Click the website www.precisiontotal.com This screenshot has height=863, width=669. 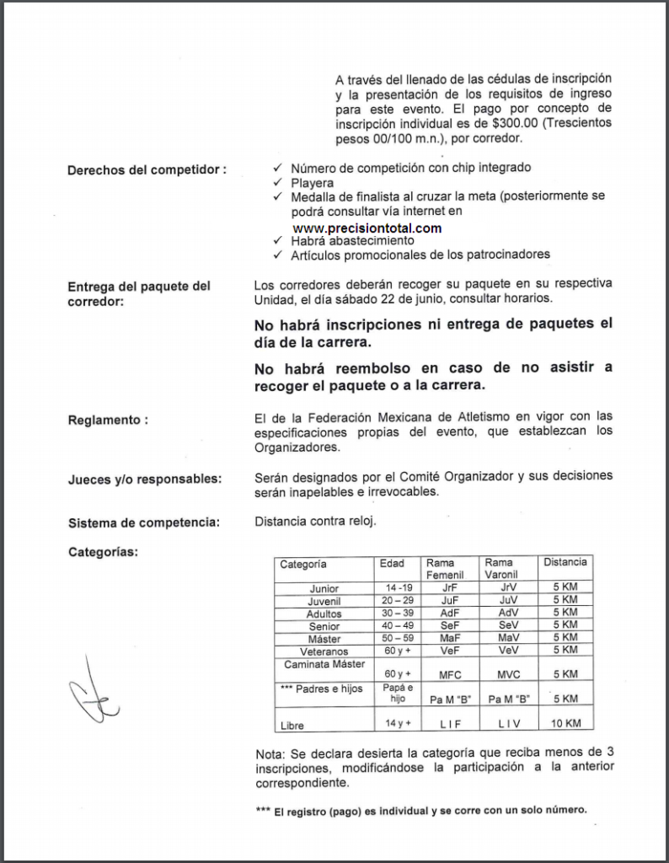(367, 228)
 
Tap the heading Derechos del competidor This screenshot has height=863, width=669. (147, 169)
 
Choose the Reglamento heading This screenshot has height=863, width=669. (108, 420)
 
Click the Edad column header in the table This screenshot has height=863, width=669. (392, 564)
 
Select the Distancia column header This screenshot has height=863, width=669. (565, 562)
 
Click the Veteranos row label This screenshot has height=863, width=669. (324, 651)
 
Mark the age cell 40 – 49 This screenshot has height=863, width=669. (397, 625)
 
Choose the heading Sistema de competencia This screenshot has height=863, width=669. (143, 523)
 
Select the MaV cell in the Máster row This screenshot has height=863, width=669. (508, 639)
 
